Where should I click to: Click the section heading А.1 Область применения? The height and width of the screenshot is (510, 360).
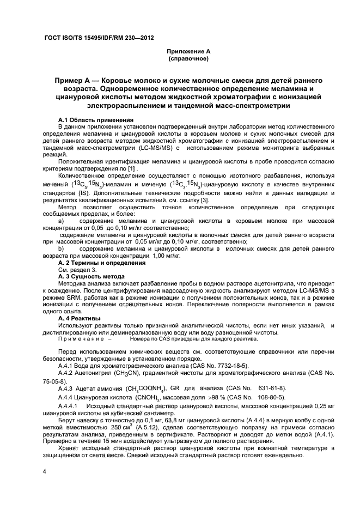pyautogui.click(x=95, y=119)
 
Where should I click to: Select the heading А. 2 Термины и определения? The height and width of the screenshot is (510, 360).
pyautogui.click(x=102, y=263)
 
